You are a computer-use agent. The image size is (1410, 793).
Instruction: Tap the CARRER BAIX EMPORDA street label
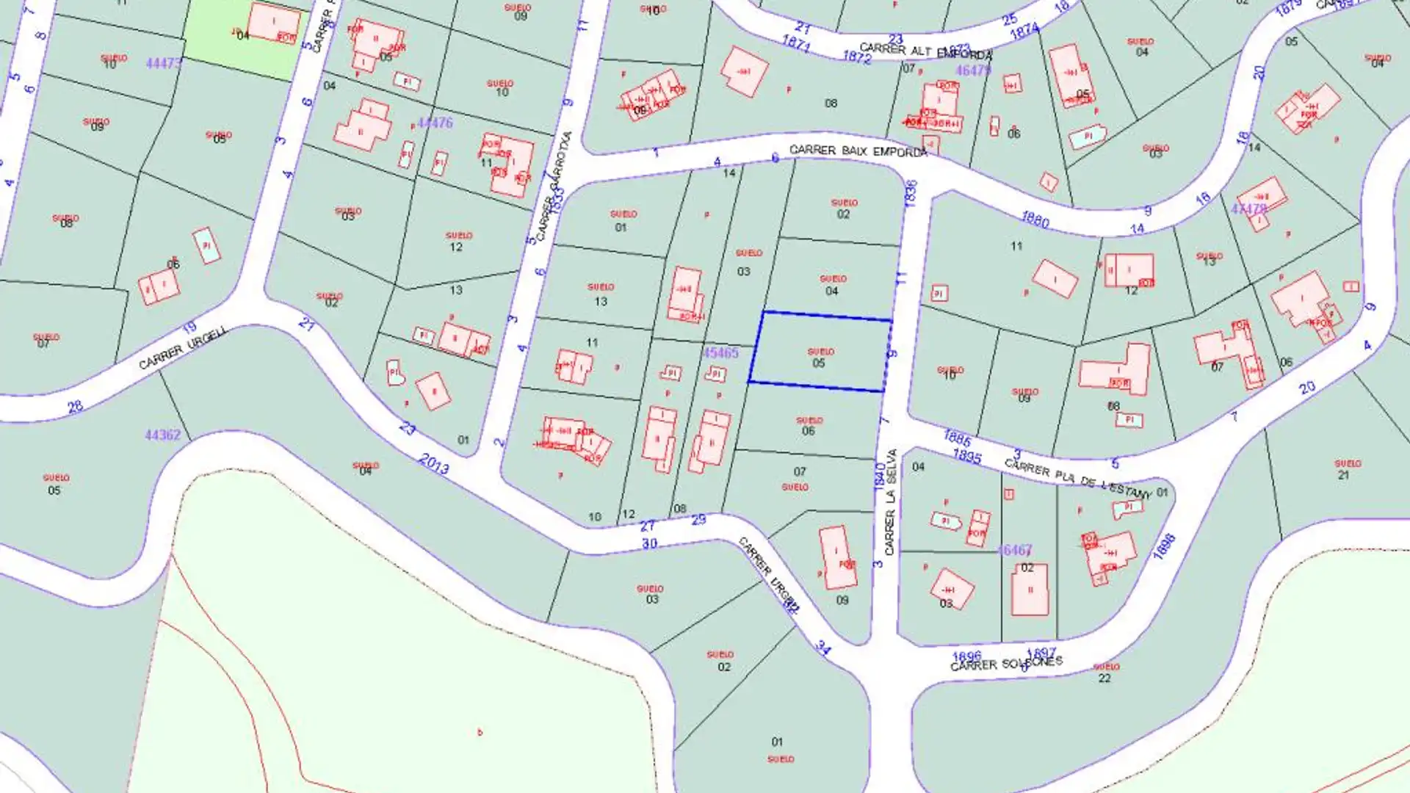pyautogui.click(x=858, y=151)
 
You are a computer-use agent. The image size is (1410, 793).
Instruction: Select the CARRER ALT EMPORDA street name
pyautogui.click(x=925, y=51)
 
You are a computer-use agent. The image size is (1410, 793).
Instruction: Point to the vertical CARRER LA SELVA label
pyautogui.click(x=891, y=501)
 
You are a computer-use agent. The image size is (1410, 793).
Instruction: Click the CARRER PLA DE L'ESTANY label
pyautogui.click(x=1077, y=478)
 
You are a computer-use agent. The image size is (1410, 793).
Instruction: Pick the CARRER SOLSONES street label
pyautogui.click(x=1006, y=664)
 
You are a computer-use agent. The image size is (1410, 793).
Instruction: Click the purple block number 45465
pyautogui.click(x=720, y=353)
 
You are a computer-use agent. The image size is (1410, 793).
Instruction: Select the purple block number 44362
pyautogui.click(x=162, y=435)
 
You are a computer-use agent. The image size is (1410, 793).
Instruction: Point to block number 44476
pyautogui.click(x=435, y=123)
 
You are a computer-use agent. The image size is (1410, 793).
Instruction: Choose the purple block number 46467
pyautogui.click(x=1014, y=550)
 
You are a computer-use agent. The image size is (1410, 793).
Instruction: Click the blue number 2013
pyautogui.click(x=433, y=463)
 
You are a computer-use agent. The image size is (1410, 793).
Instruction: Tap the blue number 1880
pyautogui.click(x=1035, y=219)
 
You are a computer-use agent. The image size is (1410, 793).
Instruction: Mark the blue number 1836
pyautogui.click(x=911, y=193)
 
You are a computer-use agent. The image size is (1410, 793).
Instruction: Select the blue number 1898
pyautogui.click(x=1165, y=546)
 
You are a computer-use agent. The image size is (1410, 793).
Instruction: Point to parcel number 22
pyautogui.click(x=1104, y=678)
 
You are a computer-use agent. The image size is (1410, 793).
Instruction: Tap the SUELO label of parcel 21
pyautogui.click(x=1348, y=463)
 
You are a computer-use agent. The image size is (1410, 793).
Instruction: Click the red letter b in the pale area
pyautogui.click(x=480, y=732)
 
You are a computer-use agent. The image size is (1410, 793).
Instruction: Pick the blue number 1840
pyautogui.click(x=880, y=476)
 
